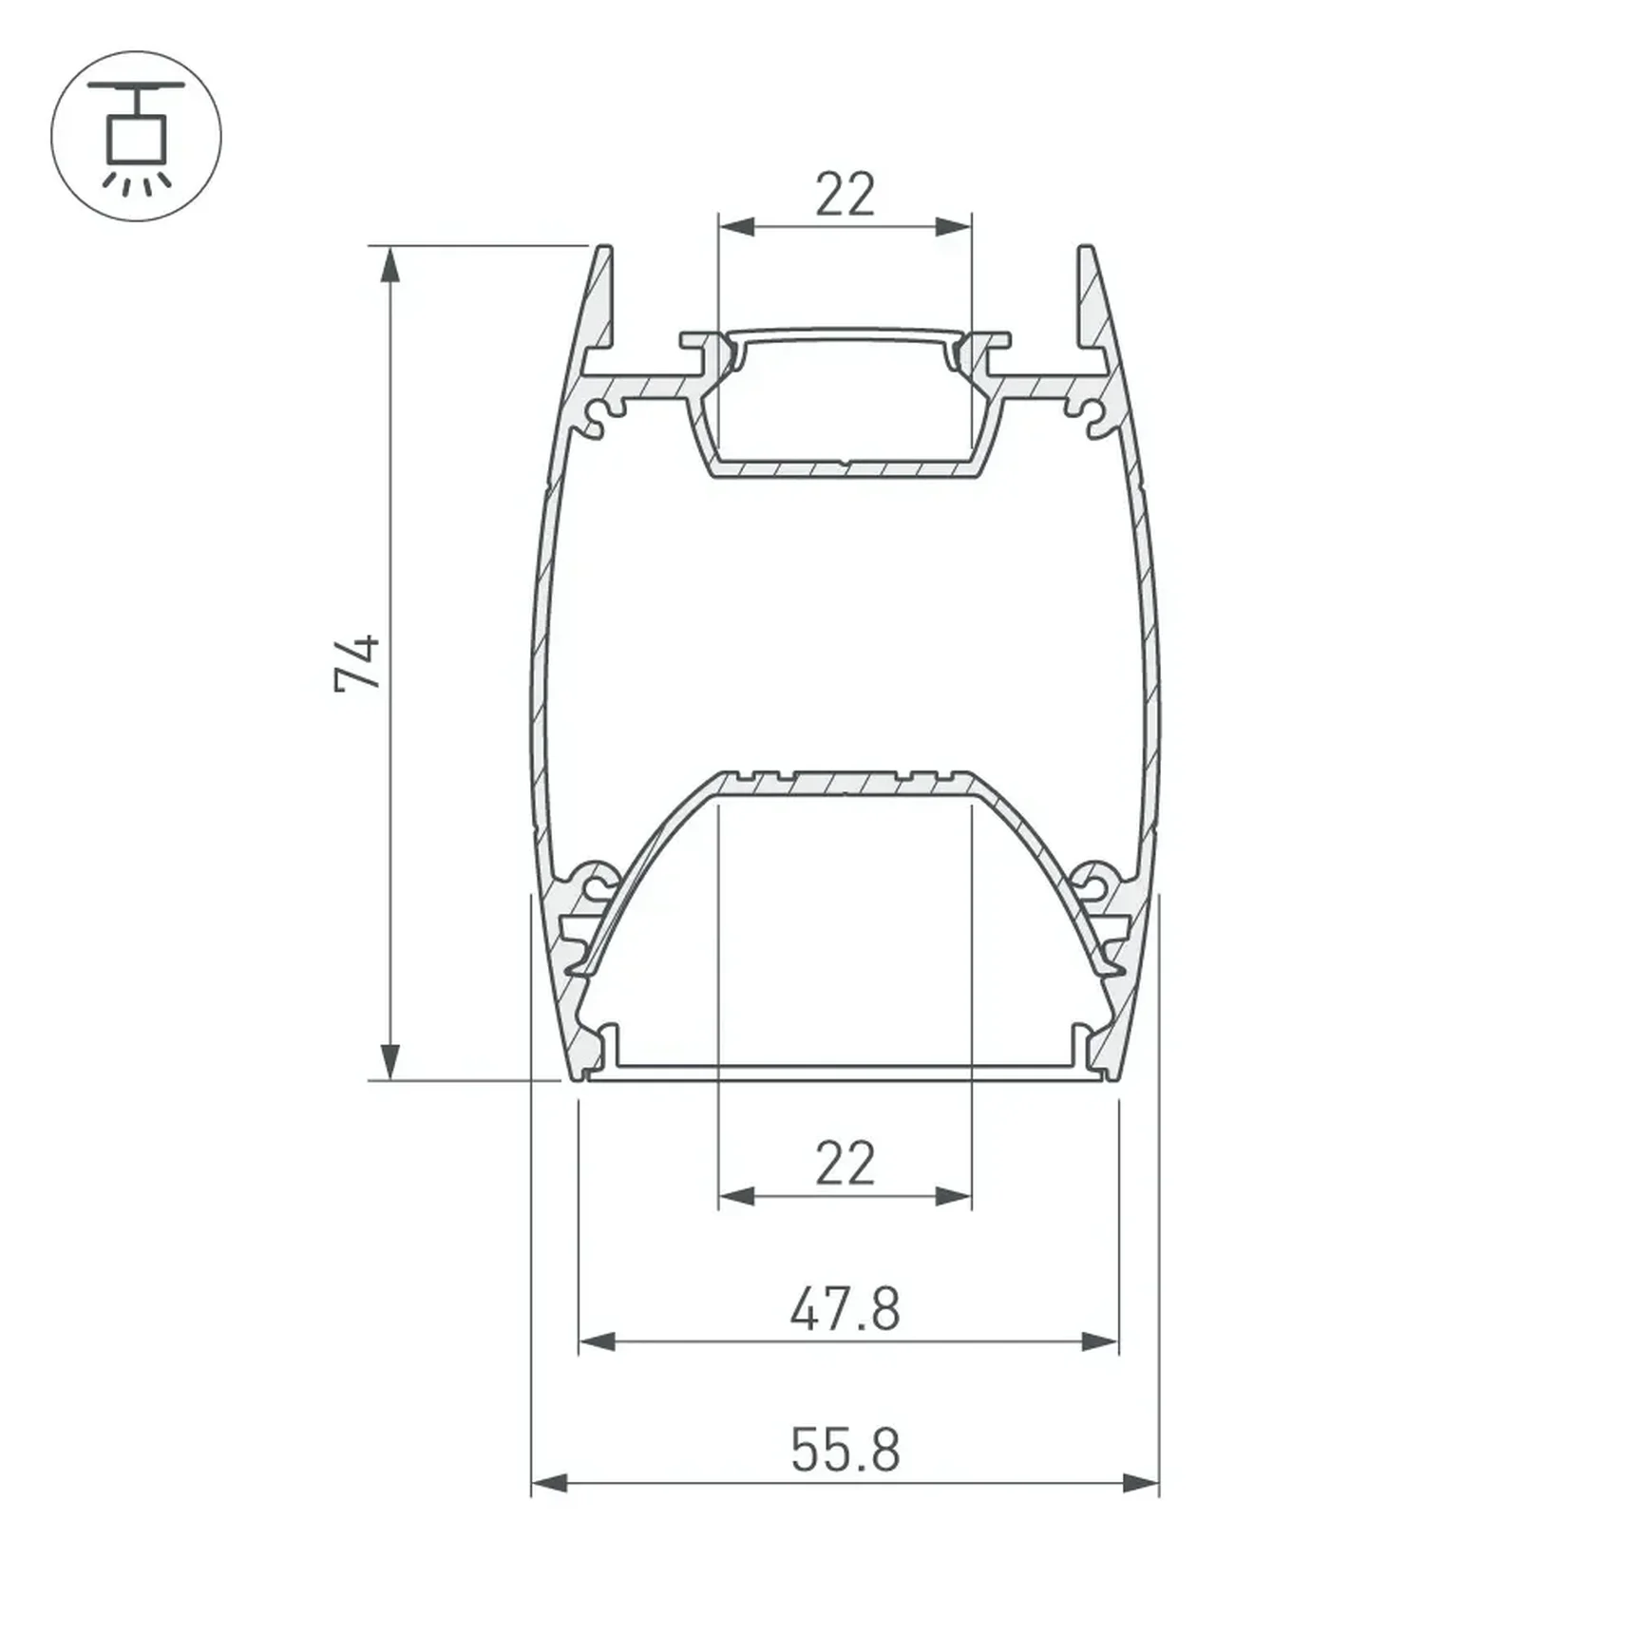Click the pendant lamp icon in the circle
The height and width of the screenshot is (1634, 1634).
[136, 137]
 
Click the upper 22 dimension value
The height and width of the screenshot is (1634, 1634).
[845, 195]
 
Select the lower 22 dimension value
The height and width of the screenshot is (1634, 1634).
[845, 1164]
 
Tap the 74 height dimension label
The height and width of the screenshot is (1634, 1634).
[358, 663]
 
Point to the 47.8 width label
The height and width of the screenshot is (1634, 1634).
[845, 1309]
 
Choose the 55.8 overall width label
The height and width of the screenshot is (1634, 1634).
[845, 1451]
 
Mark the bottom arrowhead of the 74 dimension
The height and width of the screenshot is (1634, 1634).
[389, 1061]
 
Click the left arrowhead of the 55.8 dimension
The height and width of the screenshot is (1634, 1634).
[549, 1483]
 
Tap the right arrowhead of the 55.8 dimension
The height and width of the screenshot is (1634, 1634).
[1141, 1483]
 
